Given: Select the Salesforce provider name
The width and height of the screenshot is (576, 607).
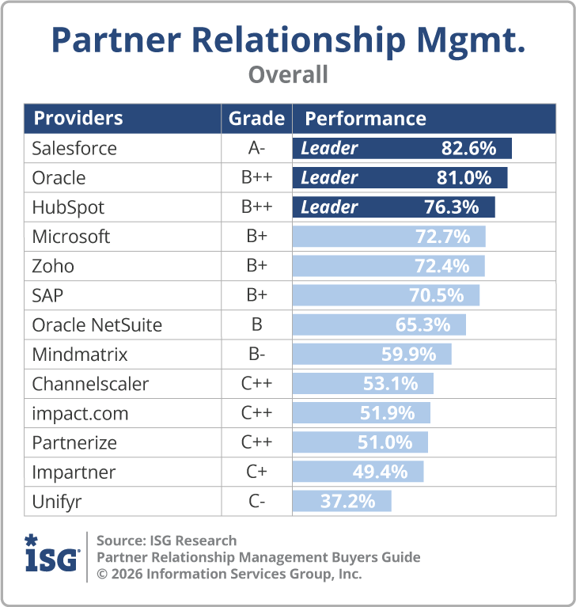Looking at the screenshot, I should [x=74, y=148].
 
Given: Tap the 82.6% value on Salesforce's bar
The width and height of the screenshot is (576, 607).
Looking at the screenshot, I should [x=468, y=148].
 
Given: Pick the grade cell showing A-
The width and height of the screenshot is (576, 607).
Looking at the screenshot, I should [x=256, y=148].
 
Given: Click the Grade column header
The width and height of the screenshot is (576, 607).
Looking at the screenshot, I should [x=256, y=119].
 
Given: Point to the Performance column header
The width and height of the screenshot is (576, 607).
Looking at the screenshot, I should [x=366, y=119].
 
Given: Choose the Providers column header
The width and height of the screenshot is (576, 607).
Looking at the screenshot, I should [x=78, y=119].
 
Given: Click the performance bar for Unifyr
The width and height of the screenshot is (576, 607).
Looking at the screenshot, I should [x=342, y=502].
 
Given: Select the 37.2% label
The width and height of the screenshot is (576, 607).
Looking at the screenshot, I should [x=347, y=502].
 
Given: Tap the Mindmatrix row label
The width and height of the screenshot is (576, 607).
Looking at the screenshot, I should [x=80, y=355].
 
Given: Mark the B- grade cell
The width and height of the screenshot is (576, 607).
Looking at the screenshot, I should [x=256, y=355].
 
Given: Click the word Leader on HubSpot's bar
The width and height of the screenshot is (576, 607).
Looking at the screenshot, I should [x=329, y=207].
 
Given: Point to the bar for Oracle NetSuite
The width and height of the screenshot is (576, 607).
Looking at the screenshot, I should [x=379, y=325].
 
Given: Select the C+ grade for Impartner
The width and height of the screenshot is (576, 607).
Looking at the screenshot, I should [x=256, y=472].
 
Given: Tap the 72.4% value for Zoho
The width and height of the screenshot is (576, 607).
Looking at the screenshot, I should [x=441, y=266].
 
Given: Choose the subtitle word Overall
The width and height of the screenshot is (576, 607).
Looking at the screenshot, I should [x=288, y=74].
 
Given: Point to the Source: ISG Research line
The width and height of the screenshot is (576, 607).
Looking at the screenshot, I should [x=167, y=541].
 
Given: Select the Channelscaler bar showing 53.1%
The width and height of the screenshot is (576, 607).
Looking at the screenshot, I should [x=363, y=384].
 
